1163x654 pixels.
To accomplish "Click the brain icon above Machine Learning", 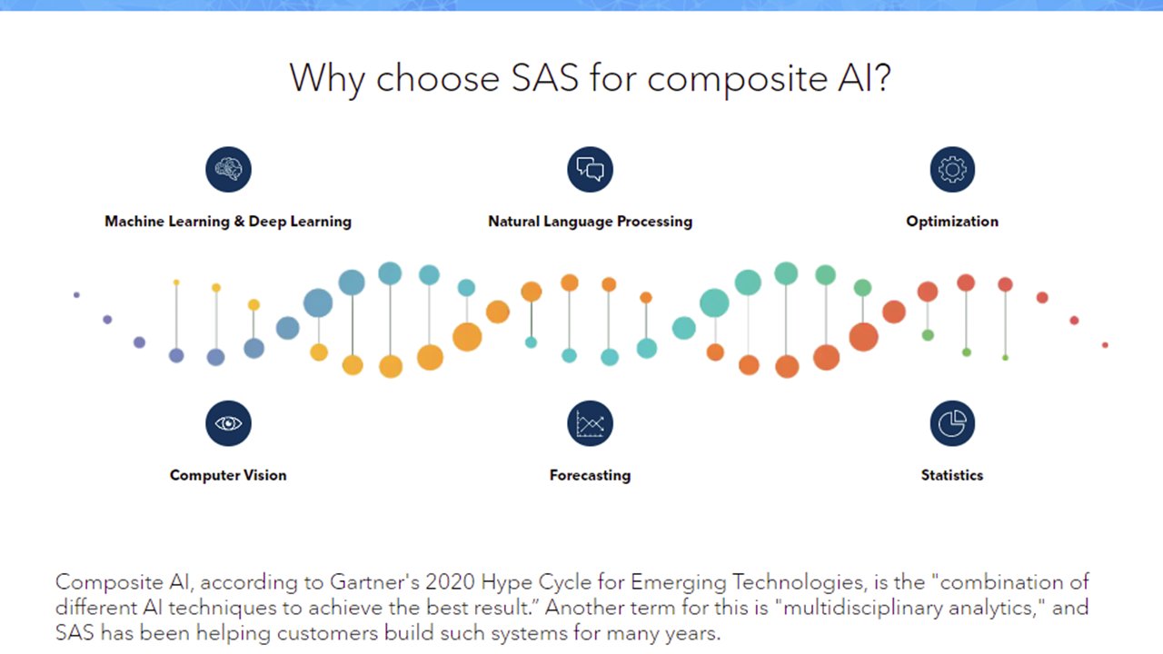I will pyautogui.click(x=228, y=169).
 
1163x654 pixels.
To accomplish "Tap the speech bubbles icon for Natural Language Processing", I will pyautogui.click(x=590, y=169).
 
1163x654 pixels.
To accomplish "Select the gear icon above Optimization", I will pyautogui.click(x=952, y=169).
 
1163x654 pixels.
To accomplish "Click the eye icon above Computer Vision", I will pyautogui.click(x=228, y=423).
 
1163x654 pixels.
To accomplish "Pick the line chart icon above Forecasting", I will pyautogui.click(x=590, y=423).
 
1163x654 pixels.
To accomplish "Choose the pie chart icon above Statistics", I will pyautogui.click(x=952, y=423).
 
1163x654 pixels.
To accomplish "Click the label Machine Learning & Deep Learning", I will pyautogui.click(x=228, y=222).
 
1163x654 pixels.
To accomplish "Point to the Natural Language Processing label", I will pyautogui.click(x=590, y=222).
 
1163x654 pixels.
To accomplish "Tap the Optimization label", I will pyautogui.click(x=952, y=222).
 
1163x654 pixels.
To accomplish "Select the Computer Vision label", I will pyautogui.click(x=228, y=475).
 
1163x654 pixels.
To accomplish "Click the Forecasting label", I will pyautogui.click(x=590, y=475).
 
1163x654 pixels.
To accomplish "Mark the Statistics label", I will pyautogui.click(x=952, y=475).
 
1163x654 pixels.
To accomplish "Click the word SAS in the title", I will pyautogui.click(x=545, y=79).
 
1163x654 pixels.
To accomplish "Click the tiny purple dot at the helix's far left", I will pyautogui.click(x=76, y=294).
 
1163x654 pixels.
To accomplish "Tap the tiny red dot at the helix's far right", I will pyautogui.click(x=1105, y=345).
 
